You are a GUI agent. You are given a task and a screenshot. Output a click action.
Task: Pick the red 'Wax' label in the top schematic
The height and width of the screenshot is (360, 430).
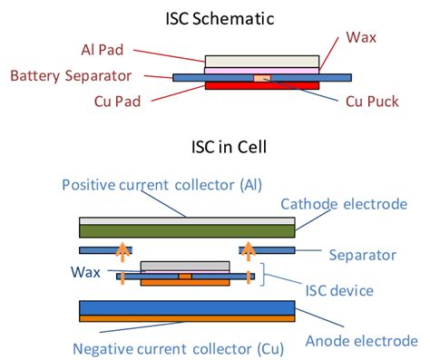pyautogui.click(x=360, y=39)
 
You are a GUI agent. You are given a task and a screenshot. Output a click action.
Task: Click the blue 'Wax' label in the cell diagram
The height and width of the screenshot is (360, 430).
pyautogui.click(x=88, y=270)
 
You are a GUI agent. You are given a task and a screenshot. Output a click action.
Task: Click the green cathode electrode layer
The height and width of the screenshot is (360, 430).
pyautogui.click(x=187, y=230)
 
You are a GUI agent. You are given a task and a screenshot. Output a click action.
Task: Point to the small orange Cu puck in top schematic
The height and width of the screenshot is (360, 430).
pyautogui.click(x=261, y=78)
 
